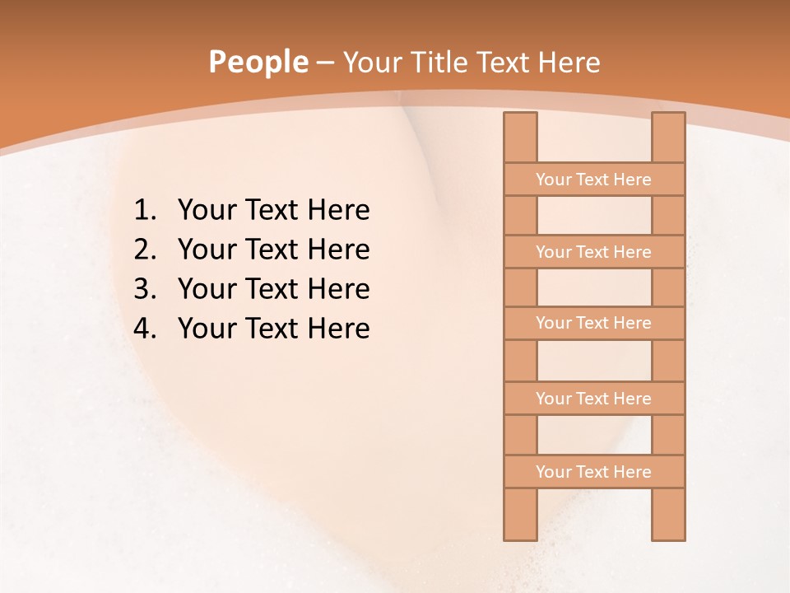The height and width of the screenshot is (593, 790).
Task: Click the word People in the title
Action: [x=258, y=63]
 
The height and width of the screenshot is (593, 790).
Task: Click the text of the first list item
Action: [x=273, y=211]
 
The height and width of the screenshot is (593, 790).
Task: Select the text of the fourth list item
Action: [x=273, y=329]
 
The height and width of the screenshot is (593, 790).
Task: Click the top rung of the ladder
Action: [x=593, y=180]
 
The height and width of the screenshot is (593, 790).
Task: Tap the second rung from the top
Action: [x=593, y=252]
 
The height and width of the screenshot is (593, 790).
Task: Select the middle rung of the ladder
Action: [x=593, y=324]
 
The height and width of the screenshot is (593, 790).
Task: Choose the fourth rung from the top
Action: [x=593, y=399]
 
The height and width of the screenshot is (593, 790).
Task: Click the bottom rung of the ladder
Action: [x=593, y=472]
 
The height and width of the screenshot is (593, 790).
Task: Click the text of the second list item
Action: [x=273, y=250]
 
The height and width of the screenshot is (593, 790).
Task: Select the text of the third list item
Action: [x=273, y=290]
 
